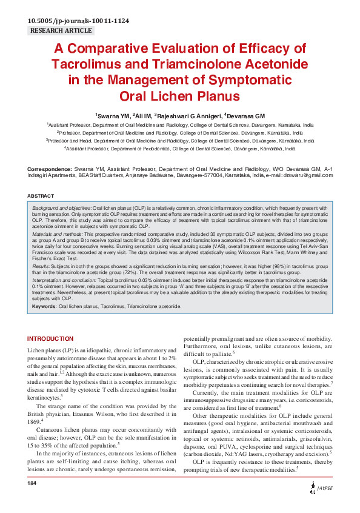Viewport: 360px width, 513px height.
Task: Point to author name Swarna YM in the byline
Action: (x=113, y=116)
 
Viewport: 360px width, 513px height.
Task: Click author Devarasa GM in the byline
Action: (x=247, y=116)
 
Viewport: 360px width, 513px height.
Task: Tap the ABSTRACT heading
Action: (x=41, y=196)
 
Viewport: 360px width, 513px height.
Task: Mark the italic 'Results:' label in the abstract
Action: (x=41, y=266)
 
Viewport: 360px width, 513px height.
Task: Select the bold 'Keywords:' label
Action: (x=44, y=307)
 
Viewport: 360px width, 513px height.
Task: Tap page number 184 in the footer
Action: (x=33, y=500)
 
